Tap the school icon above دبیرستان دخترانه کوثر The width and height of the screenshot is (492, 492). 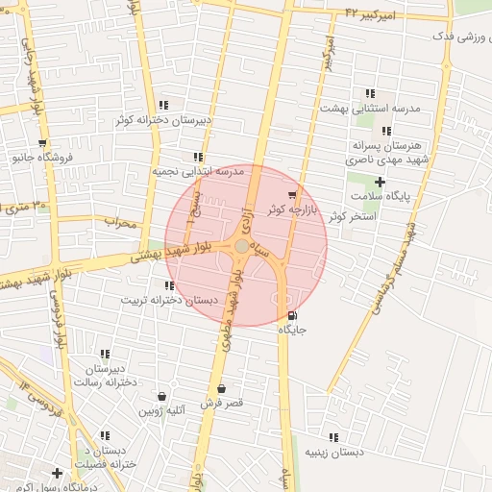(163, 105)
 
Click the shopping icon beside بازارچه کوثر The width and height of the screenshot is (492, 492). (292, 195)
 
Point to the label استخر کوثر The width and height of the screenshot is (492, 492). (351, 217)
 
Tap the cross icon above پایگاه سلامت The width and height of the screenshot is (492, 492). (380, 182)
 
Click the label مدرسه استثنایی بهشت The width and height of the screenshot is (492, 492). (370, 109)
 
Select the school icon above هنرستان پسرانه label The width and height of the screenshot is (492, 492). (386, 131)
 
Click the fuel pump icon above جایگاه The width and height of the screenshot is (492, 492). (292, 315)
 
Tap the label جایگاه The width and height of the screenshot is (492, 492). (292, 330)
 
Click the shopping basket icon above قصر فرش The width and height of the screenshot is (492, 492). (222, 388)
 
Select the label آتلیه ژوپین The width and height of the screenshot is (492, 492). (161, 410)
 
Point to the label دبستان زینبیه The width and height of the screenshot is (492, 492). (333, 451)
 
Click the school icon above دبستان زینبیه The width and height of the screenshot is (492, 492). (333, 437)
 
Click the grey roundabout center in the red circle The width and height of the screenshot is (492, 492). (241, 247)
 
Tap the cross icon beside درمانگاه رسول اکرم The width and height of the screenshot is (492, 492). (58, 474)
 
